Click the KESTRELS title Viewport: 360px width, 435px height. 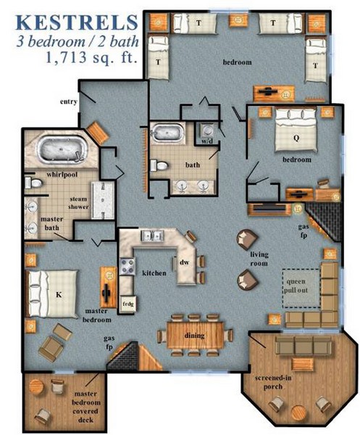(77, 22)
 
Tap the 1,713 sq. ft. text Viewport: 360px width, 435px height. (92, 57)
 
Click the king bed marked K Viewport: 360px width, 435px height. (51, 294)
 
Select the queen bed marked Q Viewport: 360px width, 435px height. (296, 130)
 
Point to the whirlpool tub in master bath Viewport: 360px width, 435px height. (62, 149)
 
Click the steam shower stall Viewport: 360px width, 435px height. (103, 200)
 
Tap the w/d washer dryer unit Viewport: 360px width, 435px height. (207, 133)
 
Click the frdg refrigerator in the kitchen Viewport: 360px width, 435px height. (128, 304)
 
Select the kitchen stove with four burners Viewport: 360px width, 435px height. (127, 267)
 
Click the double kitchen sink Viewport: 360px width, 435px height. (152, 236)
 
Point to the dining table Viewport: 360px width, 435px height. (195, 335)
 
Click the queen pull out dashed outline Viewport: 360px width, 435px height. (301, 289)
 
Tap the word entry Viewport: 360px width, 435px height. (69, 101)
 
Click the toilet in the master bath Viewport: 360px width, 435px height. (33, 183)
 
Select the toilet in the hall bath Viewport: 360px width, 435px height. (159, 165)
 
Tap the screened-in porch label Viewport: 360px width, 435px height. (273, 382)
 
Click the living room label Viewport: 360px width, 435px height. (259, 259)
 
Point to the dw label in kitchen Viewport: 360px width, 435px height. (184, 262)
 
